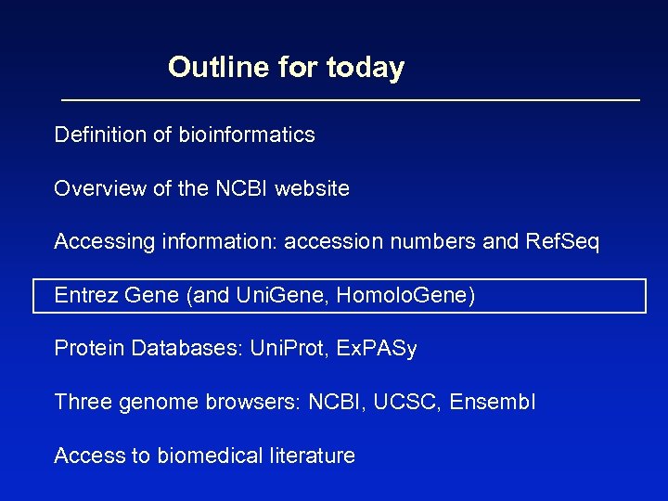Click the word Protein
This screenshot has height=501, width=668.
90,349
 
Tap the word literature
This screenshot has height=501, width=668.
311,456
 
